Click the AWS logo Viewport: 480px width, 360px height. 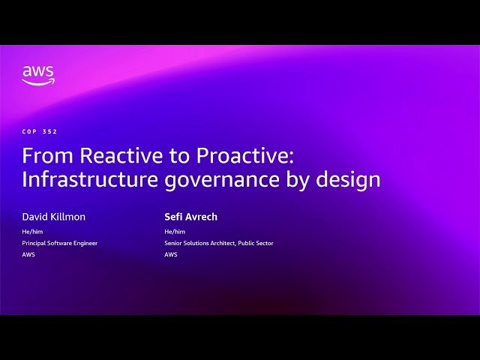click(x=37, y=75)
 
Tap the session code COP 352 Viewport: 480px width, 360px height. click(x=40, y=131)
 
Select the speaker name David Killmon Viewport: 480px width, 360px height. click(x=53, y=217)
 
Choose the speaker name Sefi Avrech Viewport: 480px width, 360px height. click(x=190, y=217)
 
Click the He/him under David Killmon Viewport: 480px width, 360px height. click(x=32, y=232)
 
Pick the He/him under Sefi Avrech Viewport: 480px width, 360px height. click(x=175, y=232)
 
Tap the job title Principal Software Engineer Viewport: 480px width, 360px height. click(x=60, y=243)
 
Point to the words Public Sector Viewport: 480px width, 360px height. click(x=257, y=243)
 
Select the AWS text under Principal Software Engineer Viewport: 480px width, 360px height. click(x=28, y=254)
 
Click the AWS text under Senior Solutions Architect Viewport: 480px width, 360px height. click(x=171, y=254)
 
